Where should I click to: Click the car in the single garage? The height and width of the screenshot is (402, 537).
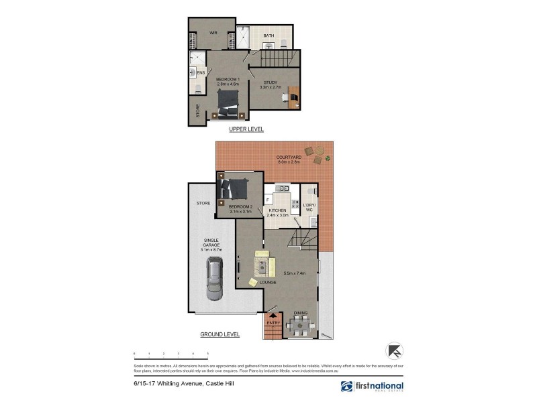(x=215, y=280)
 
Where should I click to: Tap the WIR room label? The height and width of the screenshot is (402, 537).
(x=213, y=32)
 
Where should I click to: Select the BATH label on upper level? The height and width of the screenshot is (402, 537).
(x=268, y=36)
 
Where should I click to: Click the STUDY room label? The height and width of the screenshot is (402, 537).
(x=270, y=82)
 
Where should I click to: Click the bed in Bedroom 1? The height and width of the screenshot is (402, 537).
(x=228, y=104)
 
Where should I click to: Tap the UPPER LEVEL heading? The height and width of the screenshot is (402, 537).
(x=246, y=129)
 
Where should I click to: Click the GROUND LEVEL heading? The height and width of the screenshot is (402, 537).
(x=219, y=334)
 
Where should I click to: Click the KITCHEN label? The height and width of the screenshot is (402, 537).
(x=277, y=210)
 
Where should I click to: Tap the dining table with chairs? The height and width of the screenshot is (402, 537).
(x=300, y=326)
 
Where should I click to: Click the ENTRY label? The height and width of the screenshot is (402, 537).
(x=273, y=324)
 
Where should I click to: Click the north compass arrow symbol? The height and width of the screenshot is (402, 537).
(x=394, y=350)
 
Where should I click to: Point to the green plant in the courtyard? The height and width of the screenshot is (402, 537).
(x=328, y=157)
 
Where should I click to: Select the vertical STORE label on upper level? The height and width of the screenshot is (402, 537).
(x=197, y=111)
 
